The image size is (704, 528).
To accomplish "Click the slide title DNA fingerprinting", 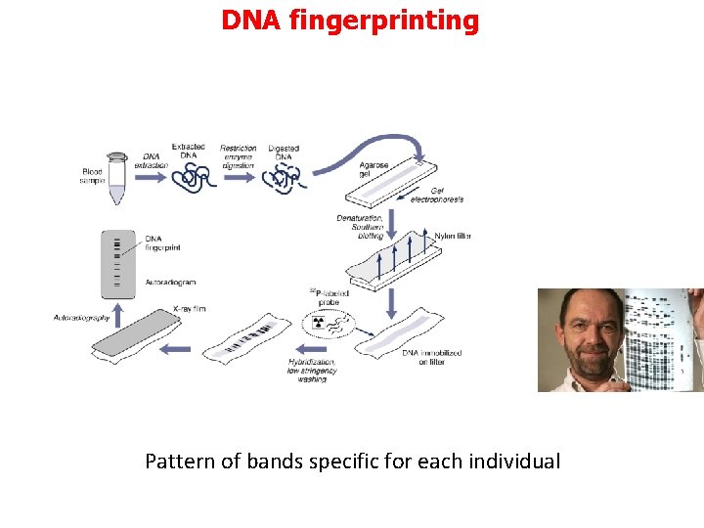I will (350, 20).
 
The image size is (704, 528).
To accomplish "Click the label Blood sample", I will (92, 176).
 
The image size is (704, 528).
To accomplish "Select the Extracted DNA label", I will (188, 152).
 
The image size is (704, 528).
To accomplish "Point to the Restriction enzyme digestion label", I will (238, 156).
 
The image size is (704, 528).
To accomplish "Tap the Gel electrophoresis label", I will (436, 195).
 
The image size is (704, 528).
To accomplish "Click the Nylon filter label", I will (452, 236).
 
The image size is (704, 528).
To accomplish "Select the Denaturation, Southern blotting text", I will (359, 227).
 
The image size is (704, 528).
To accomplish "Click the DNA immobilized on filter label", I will (431, 357).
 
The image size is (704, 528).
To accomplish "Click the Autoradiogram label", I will (171, 281).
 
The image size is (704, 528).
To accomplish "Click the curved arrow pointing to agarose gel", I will (381, 147).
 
